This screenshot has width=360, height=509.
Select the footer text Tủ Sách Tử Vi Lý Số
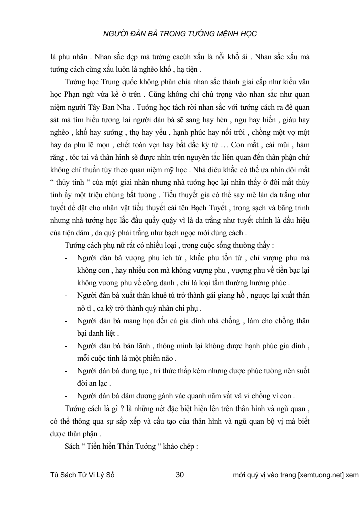pos(83,474)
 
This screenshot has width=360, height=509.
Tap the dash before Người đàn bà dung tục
pos(67,371)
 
